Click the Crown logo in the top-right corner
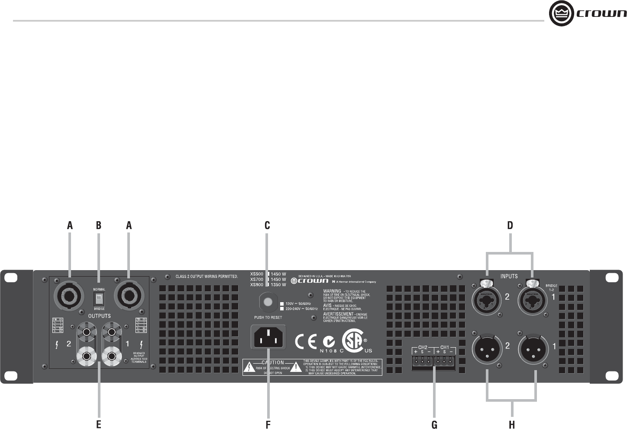click(x=587, y=14)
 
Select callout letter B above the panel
click(x=99, y=226)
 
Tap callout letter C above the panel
click(x=268, y=226)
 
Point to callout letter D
click(x=510, y=226)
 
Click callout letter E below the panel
click(x=99, y=425)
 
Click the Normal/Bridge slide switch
click(x=99, y=297)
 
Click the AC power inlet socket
click(x=268, y=337)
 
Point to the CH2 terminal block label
click(x=423, y=347)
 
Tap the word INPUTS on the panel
click(x=509, y=276)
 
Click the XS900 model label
click(x=257, y=285)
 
